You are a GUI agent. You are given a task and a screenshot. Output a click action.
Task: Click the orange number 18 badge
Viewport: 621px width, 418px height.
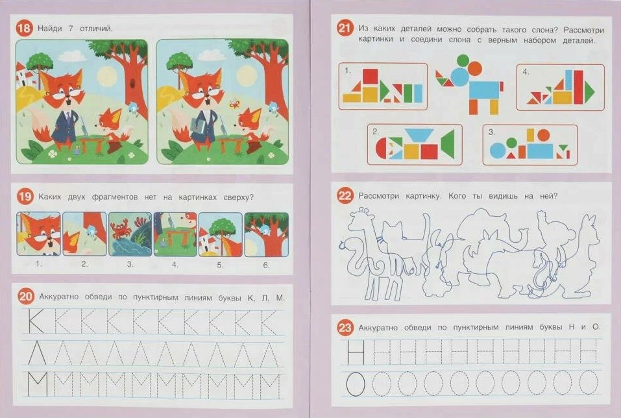pos(24,29)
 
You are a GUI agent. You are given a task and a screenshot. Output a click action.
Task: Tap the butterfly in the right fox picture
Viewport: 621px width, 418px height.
pos(234,104)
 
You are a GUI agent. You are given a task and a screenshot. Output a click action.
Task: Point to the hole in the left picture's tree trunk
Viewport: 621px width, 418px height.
pos(132,84)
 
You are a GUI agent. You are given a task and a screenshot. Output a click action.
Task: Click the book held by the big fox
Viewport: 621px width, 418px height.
pos(198,127)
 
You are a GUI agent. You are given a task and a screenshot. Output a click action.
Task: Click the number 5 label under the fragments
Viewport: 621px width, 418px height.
pos(220,265)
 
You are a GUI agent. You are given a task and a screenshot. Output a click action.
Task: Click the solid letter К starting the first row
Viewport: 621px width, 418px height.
pos(36,321)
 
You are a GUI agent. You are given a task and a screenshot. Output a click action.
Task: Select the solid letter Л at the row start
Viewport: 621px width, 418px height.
pos(37,352)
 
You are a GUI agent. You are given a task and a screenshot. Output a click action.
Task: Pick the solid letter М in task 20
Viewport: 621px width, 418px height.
pos(38,384)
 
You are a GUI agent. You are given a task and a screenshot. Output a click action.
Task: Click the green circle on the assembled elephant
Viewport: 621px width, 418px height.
pos(463,60)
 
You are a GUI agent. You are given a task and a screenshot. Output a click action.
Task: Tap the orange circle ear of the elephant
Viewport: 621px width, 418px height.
pos(475,68)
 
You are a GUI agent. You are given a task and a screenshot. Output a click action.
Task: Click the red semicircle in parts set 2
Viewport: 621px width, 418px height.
pos(381,148)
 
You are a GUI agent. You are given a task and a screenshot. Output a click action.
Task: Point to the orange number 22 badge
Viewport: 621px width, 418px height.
pos(345,196)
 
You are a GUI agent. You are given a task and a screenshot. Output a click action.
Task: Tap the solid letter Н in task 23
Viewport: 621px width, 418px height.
pos(356,352)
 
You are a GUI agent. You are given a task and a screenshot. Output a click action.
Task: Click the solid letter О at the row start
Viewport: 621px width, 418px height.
pos(355,384)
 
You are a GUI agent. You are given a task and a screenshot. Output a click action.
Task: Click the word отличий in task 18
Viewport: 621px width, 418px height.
pos(96,29)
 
